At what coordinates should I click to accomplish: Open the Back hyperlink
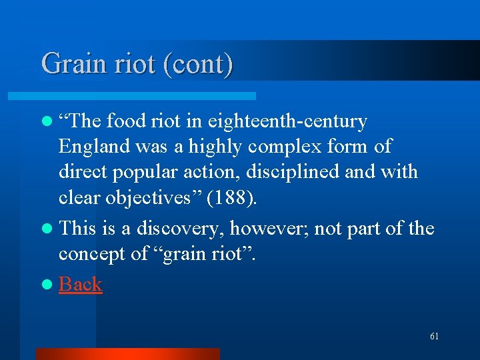coord(80,284)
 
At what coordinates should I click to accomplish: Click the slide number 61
coord(434,337)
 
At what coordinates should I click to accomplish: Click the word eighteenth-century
coord(287,121)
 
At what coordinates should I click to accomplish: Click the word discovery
coord(182,229)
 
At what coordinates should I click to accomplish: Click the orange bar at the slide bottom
coord(127,353)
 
